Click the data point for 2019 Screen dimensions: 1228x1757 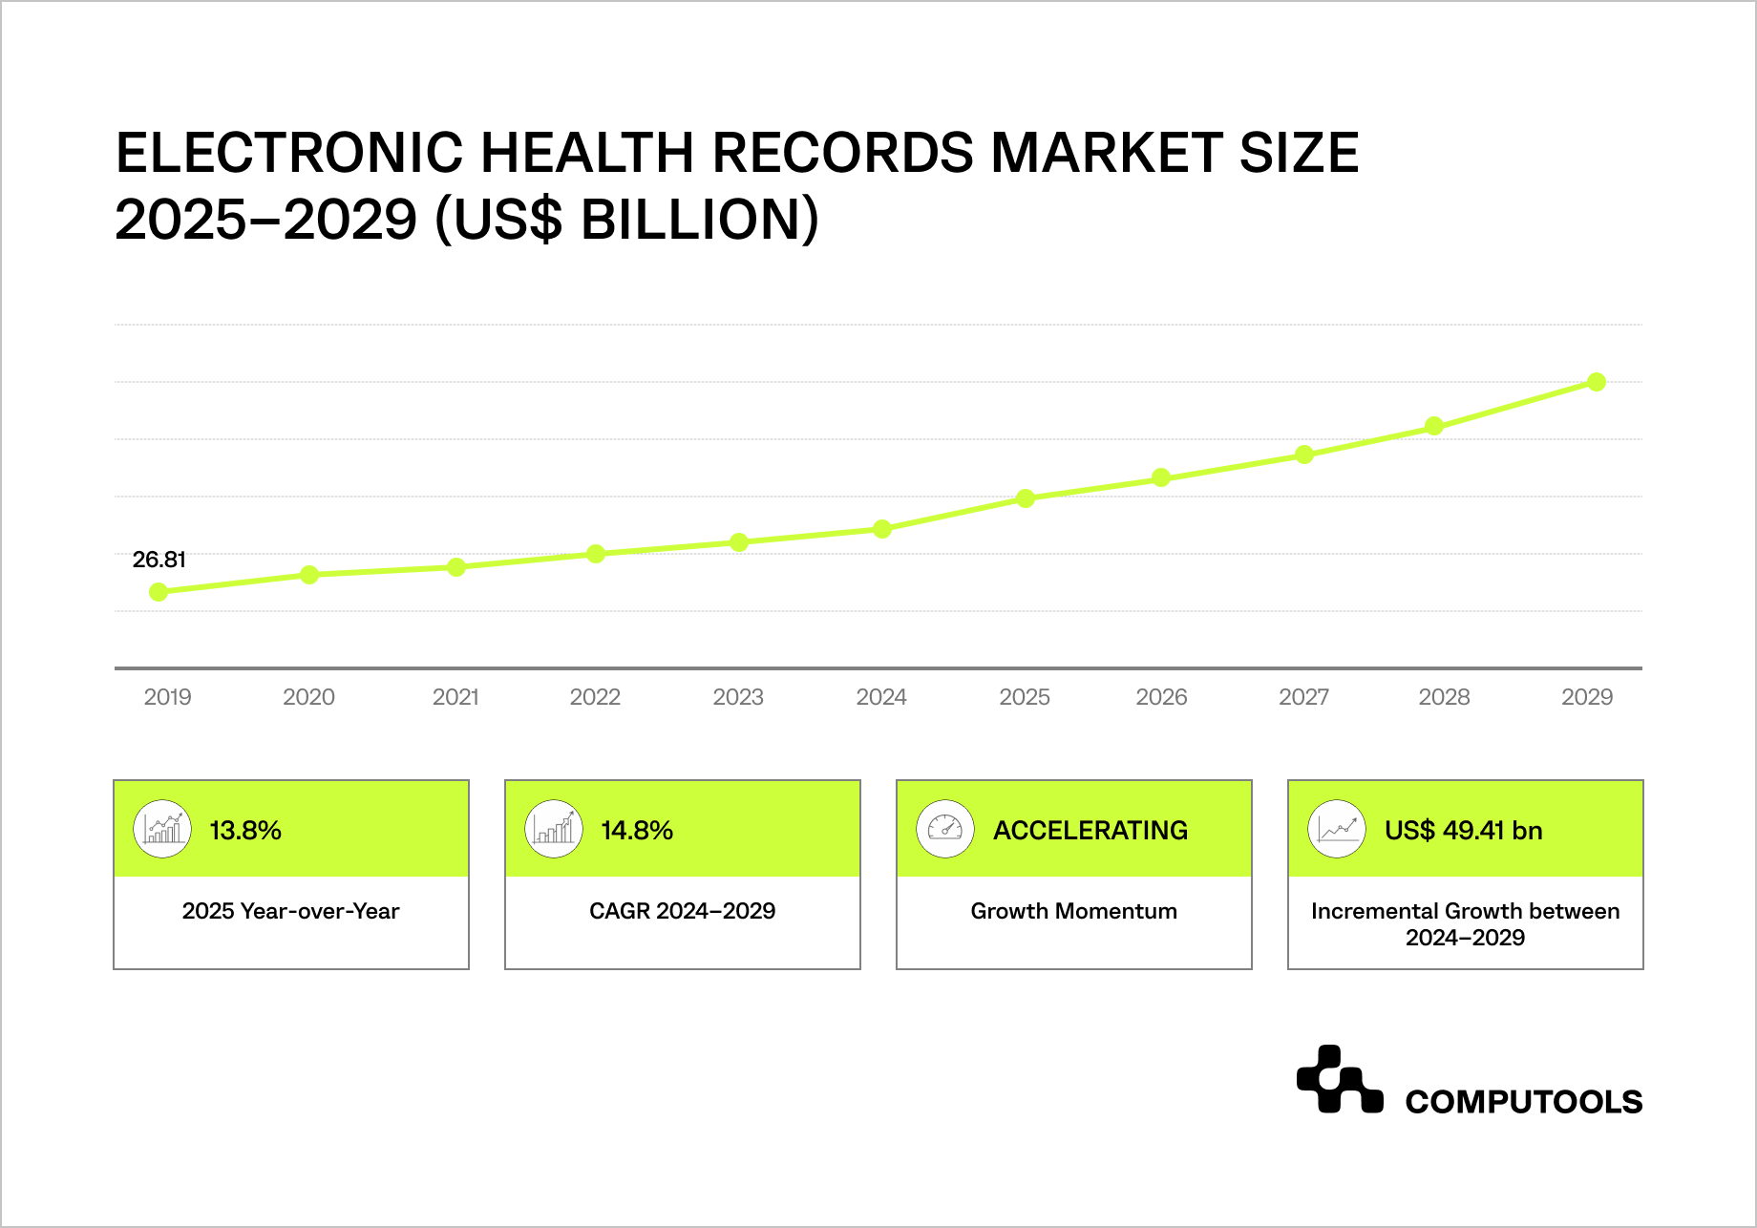coord(159,592)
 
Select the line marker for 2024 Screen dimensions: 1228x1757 coord(882,529)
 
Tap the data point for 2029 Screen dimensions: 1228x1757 coord(1597,382)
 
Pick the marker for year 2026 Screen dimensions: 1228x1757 coord(1161,477)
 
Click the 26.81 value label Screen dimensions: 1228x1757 coord(159,560)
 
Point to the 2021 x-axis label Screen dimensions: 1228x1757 coord(455,697)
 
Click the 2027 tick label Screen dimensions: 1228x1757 coord(1303,697)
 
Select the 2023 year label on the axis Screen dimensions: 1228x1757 coord(738,697)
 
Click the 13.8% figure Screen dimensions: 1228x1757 coord(245,831)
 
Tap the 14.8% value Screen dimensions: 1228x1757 coord(637,831)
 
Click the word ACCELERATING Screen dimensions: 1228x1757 coord(1090,831)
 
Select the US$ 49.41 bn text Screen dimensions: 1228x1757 coord(1463,831)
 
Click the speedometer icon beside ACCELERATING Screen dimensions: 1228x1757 coord(945,829)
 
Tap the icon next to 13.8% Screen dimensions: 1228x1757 coord(162,829)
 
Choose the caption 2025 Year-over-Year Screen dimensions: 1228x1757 coord(290,911)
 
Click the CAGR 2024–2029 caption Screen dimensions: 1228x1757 coord(682,911)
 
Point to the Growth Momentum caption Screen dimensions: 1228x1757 coord(1073,911)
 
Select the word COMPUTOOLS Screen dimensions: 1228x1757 coord(1523,1102)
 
